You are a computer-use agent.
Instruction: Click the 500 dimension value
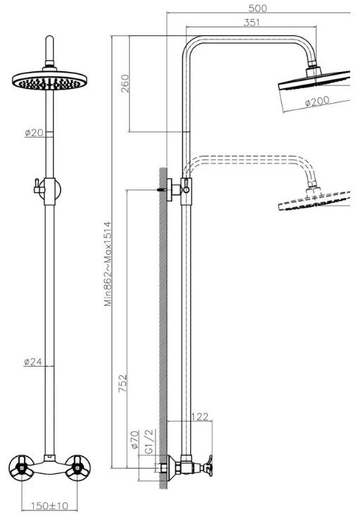[258, 8]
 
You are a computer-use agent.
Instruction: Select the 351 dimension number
[252, 22]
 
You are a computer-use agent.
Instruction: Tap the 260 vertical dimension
[125, 83]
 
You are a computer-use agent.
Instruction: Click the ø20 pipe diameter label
[34, 133]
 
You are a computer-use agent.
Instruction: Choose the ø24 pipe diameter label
[33, 362]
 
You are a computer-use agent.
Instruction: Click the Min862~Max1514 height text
[108, 264]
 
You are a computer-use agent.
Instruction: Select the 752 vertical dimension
[123, 383]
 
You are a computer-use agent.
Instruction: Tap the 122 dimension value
[199, 417]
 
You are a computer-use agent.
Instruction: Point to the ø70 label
[135, 439]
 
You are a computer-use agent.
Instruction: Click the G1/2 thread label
[149, 441]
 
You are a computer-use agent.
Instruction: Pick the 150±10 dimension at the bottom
[49, 506]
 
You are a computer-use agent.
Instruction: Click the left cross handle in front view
[21, 467]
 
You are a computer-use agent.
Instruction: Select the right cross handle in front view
[78, 467]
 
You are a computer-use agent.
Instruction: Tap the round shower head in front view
[50, 80]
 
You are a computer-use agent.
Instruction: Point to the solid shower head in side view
[314, 80]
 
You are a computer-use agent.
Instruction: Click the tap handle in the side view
[208, 466]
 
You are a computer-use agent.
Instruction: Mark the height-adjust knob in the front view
[38, 187]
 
